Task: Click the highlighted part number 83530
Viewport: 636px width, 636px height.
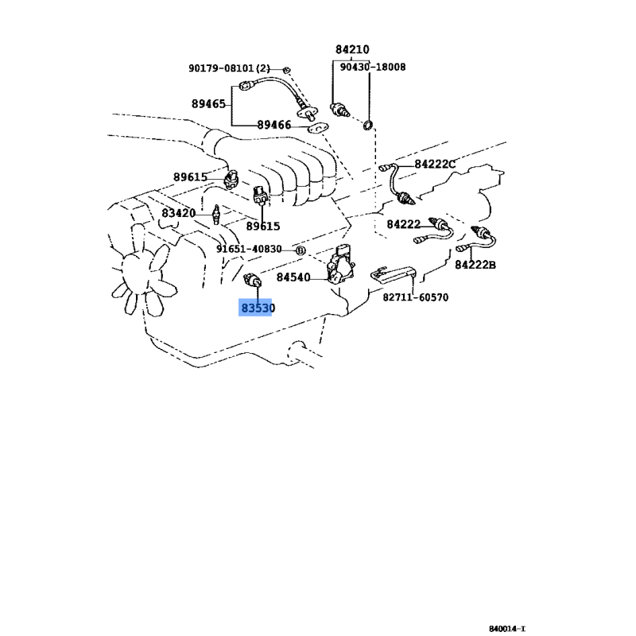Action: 258,308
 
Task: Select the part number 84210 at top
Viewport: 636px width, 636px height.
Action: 352,49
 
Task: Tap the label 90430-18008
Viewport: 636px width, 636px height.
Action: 372,67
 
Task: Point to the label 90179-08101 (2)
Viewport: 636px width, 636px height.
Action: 229,68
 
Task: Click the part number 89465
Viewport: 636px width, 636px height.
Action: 208,104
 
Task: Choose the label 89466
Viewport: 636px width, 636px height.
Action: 274,125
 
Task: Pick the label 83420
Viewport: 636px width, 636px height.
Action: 178,213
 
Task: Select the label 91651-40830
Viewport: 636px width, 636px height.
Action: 249,249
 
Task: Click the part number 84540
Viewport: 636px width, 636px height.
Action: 293,277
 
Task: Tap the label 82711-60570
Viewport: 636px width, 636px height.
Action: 416,297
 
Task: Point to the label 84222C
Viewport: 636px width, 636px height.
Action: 435,165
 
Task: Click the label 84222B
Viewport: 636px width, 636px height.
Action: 475,265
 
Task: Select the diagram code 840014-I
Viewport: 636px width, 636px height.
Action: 507,629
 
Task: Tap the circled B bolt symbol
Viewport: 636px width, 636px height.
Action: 300,250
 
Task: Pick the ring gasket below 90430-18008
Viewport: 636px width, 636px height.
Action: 368,126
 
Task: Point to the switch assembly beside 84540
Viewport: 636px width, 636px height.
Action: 341,265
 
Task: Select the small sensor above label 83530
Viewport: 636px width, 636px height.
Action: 252,280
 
